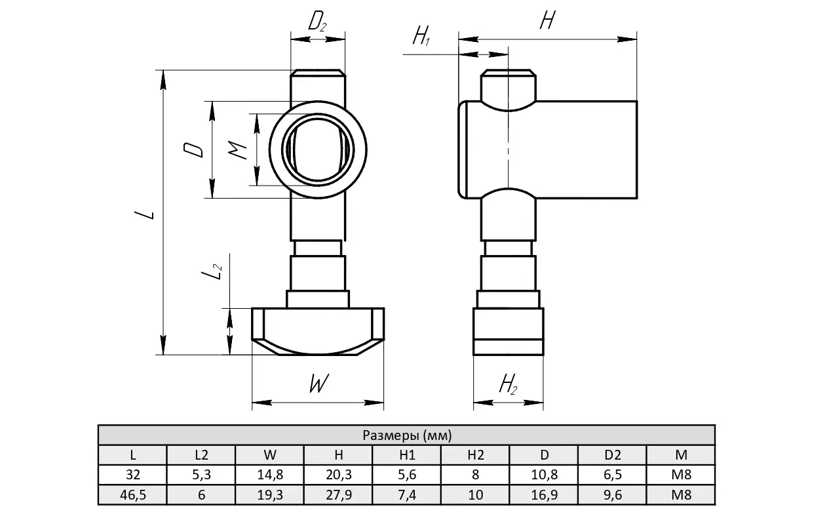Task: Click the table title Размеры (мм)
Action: pyautogui.click(x=406, y=435)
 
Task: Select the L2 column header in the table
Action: pyautogui.click(x=201, y=455)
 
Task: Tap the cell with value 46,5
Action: pyautogui.click(x=133, y=495)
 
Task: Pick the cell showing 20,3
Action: pyautogui.click(x=339, y=475)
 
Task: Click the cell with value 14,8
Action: pyautogui.click(x=270, y=475)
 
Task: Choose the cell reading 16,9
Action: pyautogui.click(x=545, y=495)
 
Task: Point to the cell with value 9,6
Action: pyautogui.click(x=613, y=495)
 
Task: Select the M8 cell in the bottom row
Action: pyautogui.click(x=682, y=495)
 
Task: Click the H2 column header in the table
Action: pyautogui.click(x=476, y=455)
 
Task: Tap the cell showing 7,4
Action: pyautogui.click(x=407, y=495)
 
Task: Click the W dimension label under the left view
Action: pyautogui.click(x=318, y=384)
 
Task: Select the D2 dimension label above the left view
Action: pyautogui.click(x=317, y=23)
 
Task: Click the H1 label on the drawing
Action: pyautogui.click(x=421, y=36)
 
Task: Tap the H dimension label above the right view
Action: pyautogui.click(x=547, y=21)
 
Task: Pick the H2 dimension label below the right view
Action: pyautogui.click(x=508, y=385)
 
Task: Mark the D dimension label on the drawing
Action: pyautogui.click(x=194, y=150)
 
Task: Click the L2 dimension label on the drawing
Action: pyautogui.click(x=211, y=271)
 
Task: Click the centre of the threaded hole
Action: pyautogui.click(x=318, y=149)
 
